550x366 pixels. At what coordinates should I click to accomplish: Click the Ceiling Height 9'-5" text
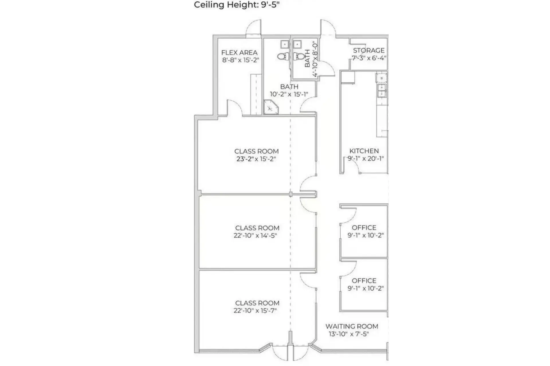point(237,5)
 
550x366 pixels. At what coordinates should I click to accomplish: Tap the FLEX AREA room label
point(239,53)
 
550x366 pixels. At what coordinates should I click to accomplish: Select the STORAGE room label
point(368,50)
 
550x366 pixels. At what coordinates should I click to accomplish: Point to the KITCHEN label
point(364,151)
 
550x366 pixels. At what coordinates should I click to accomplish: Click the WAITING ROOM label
point(351,326)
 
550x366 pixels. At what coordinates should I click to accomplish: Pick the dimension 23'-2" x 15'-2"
point(256,159)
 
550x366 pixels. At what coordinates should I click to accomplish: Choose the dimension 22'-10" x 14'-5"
point(255,236)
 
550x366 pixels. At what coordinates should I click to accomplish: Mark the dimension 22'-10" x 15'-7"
point(255,310)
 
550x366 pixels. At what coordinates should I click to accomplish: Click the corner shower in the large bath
point(270,107)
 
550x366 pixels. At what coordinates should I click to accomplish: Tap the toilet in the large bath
point(283,56)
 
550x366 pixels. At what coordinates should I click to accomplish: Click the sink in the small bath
point(297,45)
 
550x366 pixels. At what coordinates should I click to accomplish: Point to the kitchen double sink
point(382,90)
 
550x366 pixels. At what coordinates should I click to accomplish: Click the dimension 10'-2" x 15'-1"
point(289,94)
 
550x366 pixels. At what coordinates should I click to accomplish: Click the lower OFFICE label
point(364,281)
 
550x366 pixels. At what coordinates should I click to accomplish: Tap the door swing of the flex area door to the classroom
point(234,108)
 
